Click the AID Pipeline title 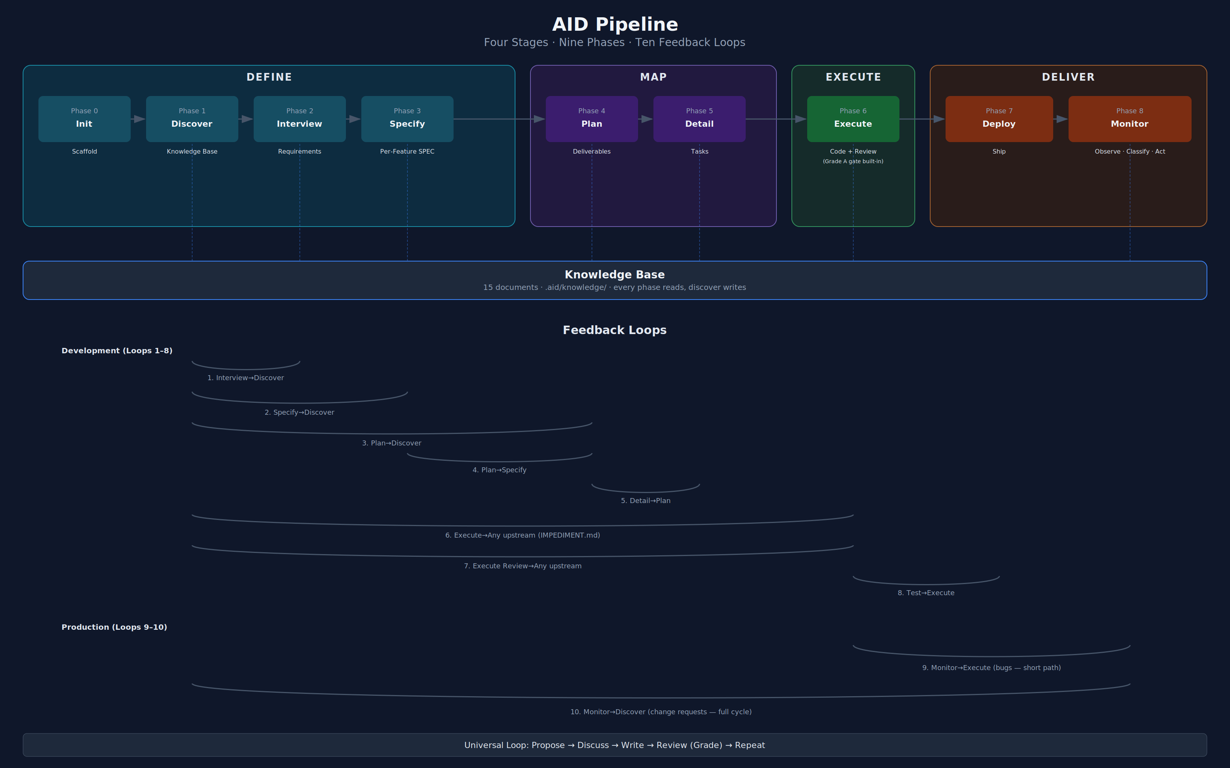615,24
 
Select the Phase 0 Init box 85,119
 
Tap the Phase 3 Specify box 407,119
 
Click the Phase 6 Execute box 853,119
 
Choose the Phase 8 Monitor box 1129,119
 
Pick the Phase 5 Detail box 700,119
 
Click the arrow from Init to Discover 138,119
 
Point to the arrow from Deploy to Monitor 1061,119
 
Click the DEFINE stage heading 269,77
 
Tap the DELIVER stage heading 1068,77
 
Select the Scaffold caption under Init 85,151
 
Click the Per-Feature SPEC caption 407,151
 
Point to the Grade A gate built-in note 853,162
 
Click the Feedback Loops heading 615,330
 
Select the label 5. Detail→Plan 645,501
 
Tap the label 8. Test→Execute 926,593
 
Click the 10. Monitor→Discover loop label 661,712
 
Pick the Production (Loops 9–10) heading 115,627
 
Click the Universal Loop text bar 615,745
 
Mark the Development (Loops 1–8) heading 117,351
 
